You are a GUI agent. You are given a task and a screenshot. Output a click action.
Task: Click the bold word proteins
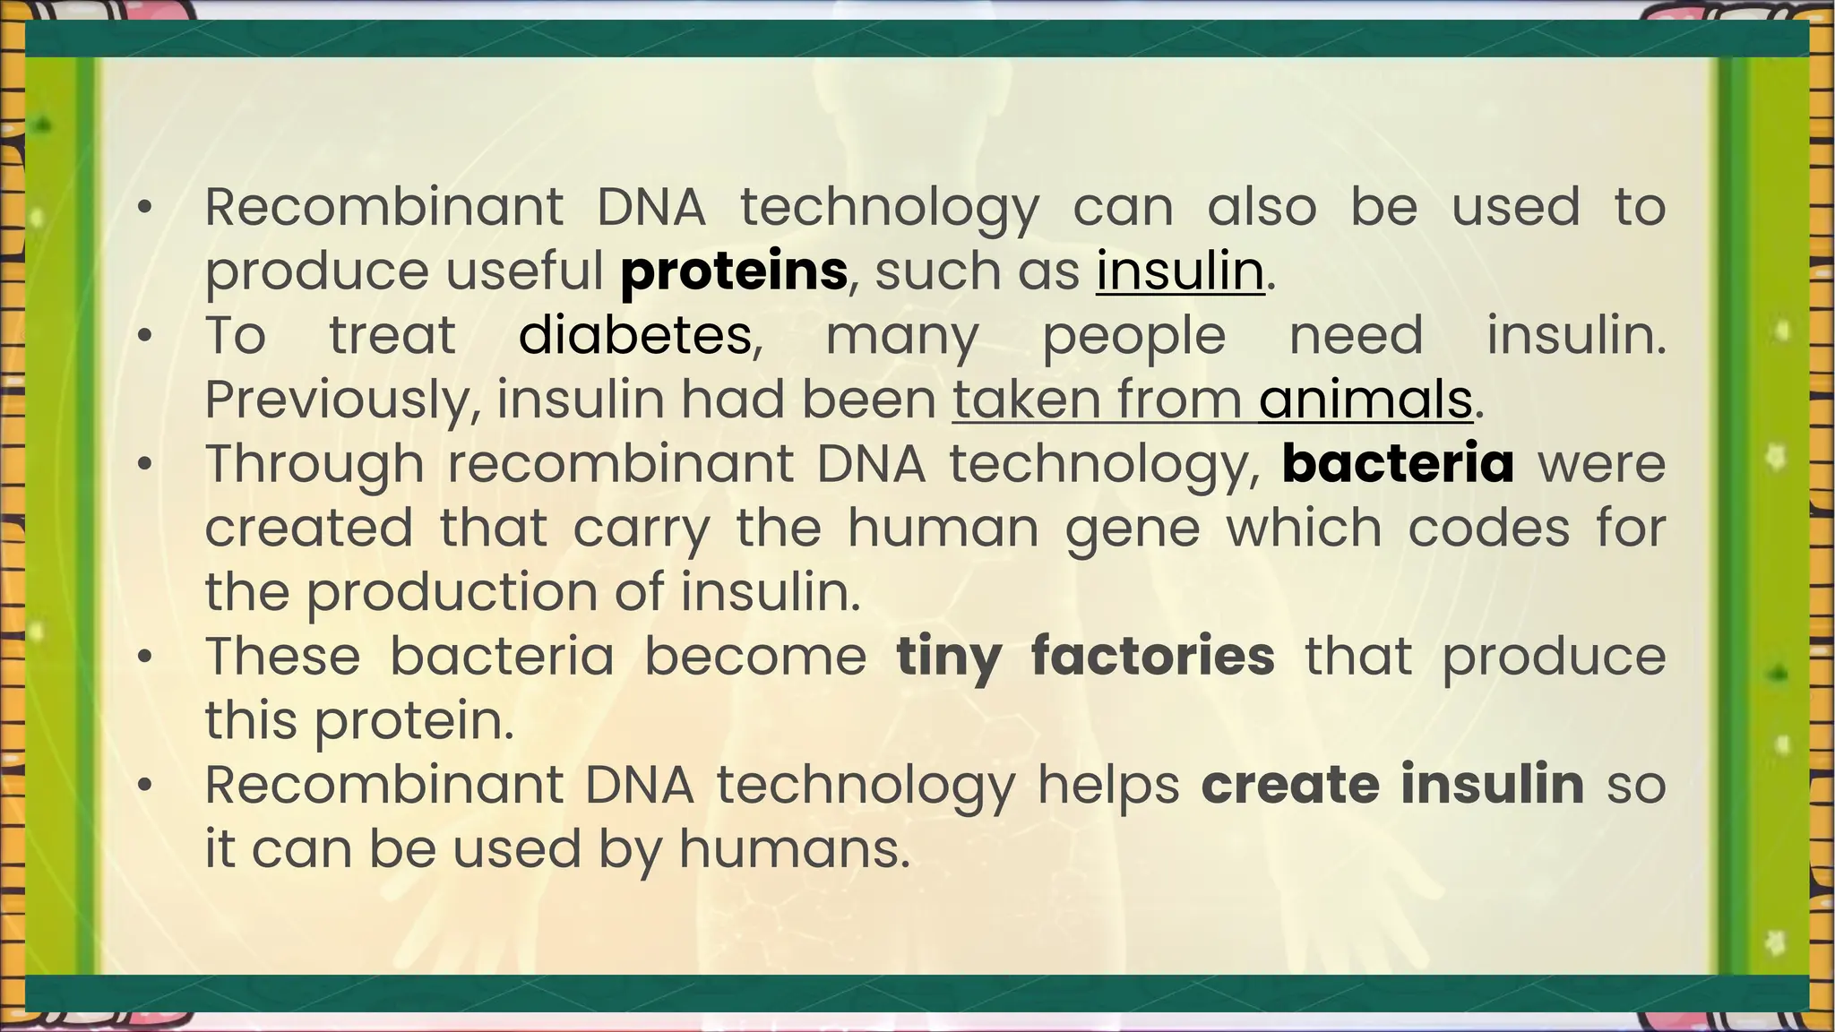click(733, 271)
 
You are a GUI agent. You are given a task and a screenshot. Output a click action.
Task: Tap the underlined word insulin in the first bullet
click(1179, 271)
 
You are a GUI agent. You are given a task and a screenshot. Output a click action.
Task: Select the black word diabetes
click(634, 336)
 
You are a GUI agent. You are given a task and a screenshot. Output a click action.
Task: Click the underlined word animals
click(1365, 400)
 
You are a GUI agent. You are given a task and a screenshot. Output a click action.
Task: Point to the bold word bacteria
click(1398, 464)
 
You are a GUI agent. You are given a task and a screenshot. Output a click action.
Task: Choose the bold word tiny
click(948, 657)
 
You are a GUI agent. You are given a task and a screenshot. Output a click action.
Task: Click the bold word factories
click(1152, 656)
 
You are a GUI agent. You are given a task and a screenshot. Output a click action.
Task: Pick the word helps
click(1108, 786)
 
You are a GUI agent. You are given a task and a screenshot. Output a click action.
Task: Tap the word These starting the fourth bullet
click(282, 657)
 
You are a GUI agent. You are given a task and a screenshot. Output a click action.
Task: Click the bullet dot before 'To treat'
click(145, 337)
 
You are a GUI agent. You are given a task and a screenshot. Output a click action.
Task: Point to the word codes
click(1488, 528)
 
